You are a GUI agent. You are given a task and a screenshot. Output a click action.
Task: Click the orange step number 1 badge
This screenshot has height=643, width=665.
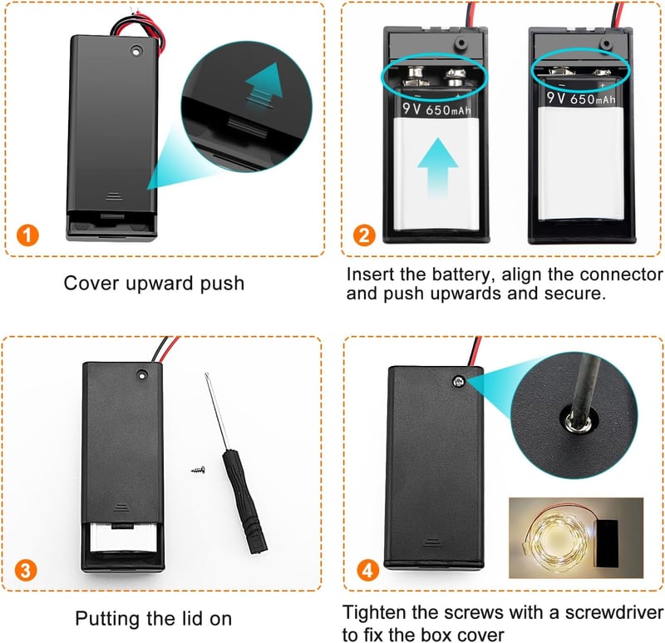click(27, 235)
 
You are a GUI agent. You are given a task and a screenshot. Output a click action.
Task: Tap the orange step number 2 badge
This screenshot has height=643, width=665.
click(364, 235)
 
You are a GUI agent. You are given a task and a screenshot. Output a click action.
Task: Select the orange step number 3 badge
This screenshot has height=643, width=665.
click(26, 571)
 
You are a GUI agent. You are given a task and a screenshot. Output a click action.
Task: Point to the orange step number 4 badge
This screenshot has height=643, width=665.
click(367, 571)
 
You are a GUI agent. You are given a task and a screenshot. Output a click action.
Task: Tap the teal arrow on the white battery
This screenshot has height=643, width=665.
click(438, 168)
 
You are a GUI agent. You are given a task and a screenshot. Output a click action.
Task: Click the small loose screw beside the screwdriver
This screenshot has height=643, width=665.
click(199, 470)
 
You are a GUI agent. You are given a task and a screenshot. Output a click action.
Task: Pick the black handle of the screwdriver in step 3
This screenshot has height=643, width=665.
click(244, 501)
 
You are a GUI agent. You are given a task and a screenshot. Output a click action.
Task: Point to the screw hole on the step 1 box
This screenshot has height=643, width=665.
click(136, 51)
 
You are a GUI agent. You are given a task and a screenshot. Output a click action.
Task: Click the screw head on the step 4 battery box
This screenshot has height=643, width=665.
click(459, 382)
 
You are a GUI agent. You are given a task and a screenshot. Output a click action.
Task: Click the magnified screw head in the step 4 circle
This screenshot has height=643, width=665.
click(579, 422)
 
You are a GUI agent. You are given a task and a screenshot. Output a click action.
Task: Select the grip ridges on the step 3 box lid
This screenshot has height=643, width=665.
click(121, 507)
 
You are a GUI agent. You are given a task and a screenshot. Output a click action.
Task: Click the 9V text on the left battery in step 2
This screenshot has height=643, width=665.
click(411, 109)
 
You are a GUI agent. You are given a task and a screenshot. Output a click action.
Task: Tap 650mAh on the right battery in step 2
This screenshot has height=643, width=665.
click(593, 99)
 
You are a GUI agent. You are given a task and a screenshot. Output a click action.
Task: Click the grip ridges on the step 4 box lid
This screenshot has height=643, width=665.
click(431, 543)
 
